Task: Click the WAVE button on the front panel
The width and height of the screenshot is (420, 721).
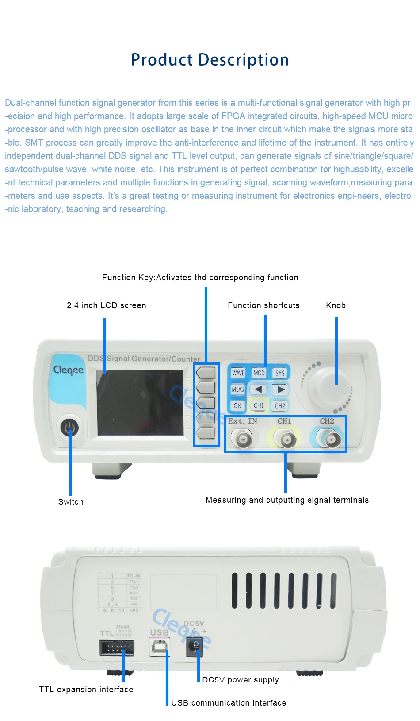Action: (238, 373)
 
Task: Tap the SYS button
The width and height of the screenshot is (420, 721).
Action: (280, 373)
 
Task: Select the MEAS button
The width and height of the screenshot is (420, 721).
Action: (238, 389)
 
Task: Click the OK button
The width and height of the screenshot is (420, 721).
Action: (237, 405)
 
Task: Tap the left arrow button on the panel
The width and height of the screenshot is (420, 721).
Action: (259, 389)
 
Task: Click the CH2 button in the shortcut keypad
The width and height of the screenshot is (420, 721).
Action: (280, 405)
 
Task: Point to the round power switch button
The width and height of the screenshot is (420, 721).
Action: (69, 428)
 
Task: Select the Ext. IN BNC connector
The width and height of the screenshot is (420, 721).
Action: (243, 440)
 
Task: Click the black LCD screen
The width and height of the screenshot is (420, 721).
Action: (140, 403)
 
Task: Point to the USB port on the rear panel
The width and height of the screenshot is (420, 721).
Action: (160, 647)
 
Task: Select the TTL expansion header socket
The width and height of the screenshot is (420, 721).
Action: (117, 648)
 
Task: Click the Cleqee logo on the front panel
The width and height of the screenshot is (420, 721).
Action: (68, 370)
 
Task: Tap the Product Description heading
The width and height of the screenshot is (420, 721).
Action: (210, 60)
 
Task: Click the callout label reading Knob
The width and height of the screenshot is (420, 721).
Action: (336, 305)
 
